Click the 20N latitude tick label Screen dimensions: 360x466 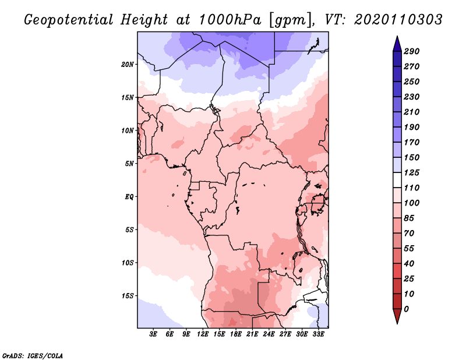[128, 64]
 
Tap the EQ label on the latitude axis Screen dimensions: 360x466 [129, 196]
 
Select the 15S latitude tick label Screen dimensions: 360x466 [128, 295]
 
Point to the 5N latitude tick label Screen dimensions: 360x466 [129, 163]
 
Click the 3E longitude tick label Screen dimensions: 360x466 [154, 334]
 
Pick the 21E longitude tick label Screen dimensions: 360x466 [252, 334]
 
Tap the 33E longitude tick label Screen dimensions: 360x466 [318, 334]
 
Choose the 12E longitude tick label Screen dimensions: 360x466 [203, 334]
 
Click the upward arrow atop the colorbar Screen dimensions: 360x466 [396, 43]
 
